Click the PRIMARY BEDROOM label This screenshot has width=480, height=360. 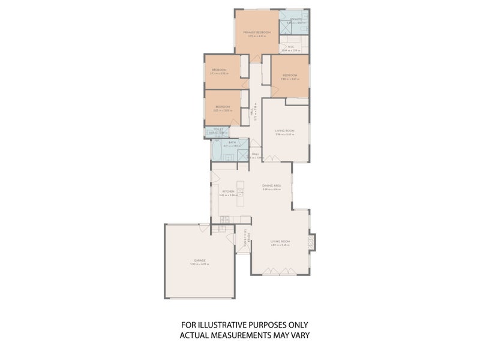coord(257,32)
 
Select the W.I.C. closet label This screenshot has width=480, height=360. coord(290,46)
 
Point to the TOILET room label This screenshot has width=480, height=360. coord(216,129)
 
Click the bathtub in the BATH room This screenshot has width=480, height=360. coord(217,152)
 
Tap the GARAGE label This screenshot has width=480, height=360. coord(199,260)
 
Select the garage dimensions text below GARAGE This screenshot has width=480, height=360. coord(199,265)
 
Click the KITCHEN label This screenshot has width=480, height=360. coord(227,191)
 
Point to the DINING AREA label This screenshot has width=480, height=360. coord(271,185)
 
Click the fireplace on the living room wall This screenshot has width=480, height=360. coord(311,241)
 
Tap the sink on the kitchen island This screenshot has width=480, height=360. coord(240,192)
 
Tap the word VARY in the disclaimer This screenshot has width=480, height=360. coord(299,335)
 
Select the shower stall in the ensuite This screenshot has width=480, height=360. coord(286,26)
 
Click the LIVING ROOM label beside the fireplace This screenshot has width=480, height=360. coord(280,241)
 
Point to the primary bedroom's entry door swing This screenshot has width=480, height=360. coord(256,58)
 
